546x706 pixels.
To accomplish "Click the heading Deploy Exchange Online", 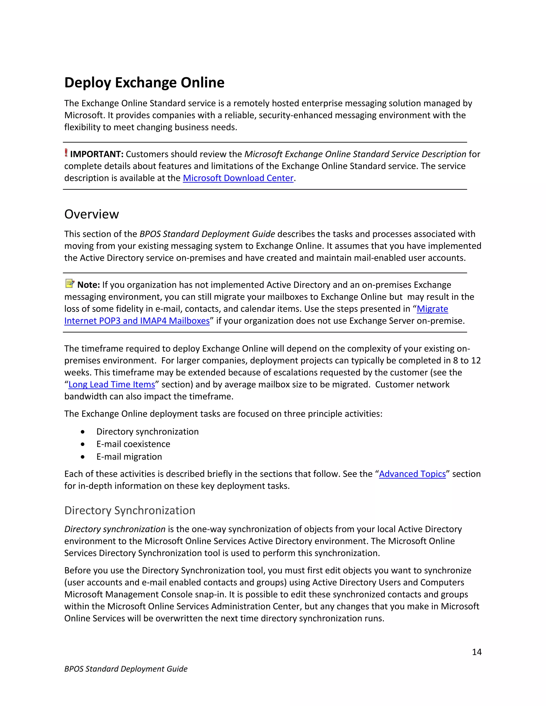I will click(x=144, y=83).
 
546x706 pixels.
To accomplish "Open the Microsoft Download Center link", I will click(x=238, y=178).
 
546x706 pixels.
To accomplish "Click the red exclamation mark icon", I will click(x=66, y=153).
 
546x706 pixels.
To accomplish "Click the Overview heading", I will click(x=91, y=214).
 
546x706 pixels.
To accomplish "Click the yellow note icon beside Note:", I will click(x=70, y=283).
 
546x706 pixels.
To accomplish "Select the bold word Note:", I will click(x=88, y=285).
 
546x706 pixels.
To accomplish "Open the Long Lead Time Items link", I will click(x=112, y=384).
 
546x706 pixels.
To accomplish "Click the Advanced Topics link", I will click(x=412, y=474).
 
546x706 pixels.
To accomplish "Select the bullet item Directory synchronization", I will click(x=147, y=432).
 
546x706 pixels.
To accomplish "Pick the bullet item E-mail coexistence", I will click(x=133, y=444).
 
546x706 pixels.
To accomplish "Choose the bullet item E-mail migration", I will click(x=129, y=457).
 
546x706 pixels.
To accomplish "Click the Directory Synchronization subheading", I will click(x=130, y=510).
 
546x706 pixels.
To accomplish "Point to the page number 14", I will click(x=476, y=652).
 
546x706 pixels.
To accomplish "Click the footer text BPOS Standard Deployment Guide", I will click(x=126, y=669).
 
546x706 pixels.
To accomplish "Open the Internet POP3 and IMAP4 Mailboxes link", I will click(x=137, y=321).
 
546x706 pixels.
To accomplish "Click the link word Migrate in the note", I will click(x=432, y=309).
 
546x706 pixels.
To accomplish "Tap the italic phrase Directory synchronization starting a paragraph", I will click(x=115, y=529).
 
